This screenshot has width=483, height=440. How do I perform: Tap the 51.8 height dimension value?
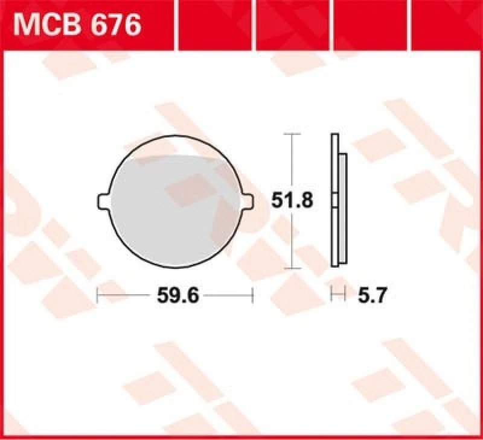292,201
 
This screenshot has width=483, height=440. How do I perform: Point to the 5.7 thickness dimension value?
371,295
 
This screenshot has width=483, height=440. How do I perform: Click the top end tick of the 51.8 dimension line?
292,134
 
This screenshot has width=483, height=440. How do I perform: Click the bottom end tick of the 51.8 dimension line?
292,268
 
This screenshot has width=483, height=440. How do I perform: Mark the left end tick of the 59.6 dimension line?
98,295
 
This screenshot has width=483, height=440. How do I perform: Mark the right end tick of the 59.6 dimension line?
252,295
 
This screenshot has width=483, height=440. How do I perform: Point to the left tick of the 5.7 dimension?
331,295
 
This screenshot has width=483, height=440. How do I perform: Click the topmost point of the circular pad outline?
175,134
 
